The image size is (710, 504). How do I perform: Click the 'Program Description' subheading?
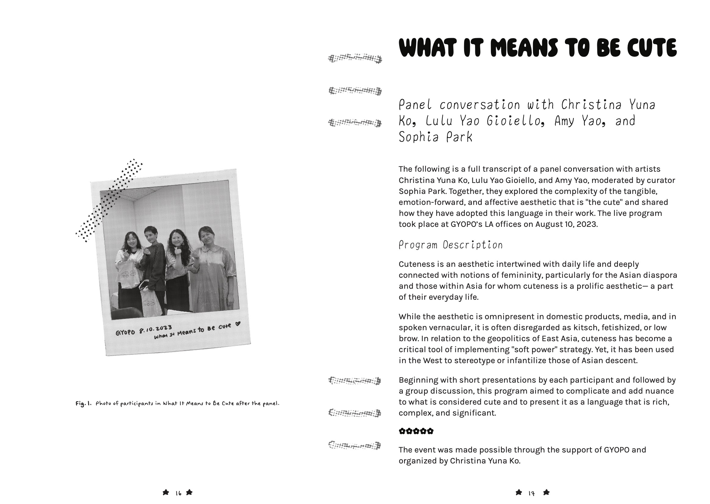pyautogui.click(x=450, y=245)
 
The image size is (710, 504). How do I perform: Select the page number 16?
pyautogui.click(x=178, y=493)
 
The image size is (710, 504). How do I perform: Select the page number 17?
pyautogui.click(x=532, y=493)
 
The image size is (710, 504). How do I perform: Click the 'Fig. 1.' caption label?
pyautogui.click(x=83, y=403)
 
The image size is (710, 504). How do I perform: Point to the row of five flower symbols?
pyautogui.click(x=416, y=431)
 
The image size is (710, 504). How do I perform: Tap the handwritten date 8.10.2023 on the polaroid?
pyautogui.click(x=155, y=329)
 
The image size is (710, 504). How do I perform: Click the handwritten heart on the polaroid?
pyautogui.click(x=238, y=324)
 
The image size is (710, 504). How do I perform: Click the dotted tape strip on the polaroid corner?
pyautogui.click(x=109, y=200)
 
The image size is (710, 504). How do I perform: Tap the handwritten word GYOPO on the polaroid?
pyautogui.click(x=125, y=332)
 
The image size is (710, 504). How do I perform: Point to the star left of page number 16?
pyautogui.click(x=166, y=492)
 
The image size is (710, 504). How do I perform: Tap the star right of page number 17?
pyautogui.click(x=547, y=492)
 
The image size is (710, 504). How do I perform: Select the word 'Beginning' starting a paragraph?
pyautogui.click(x=419, y=380)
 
